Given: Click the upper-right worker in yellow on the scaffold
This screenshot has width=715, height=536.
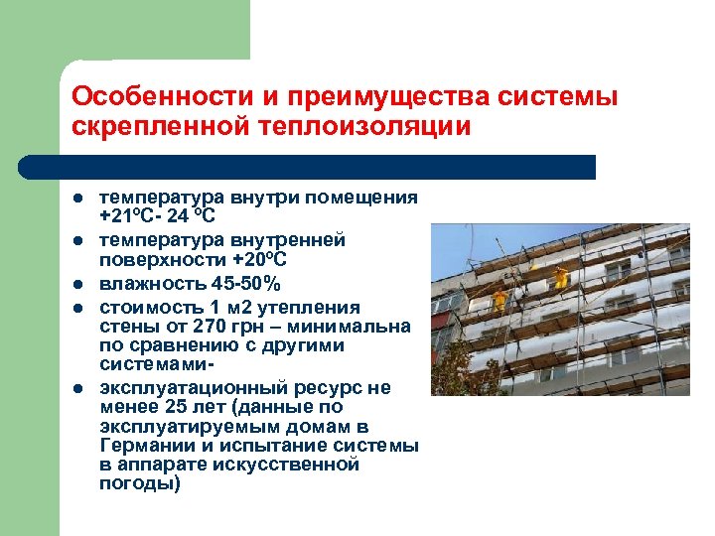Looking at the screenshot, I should click(x=561, y=277).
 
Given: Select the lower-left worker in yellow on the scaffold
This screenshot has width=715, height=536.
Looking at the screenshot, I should click(x=499, y=297).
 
